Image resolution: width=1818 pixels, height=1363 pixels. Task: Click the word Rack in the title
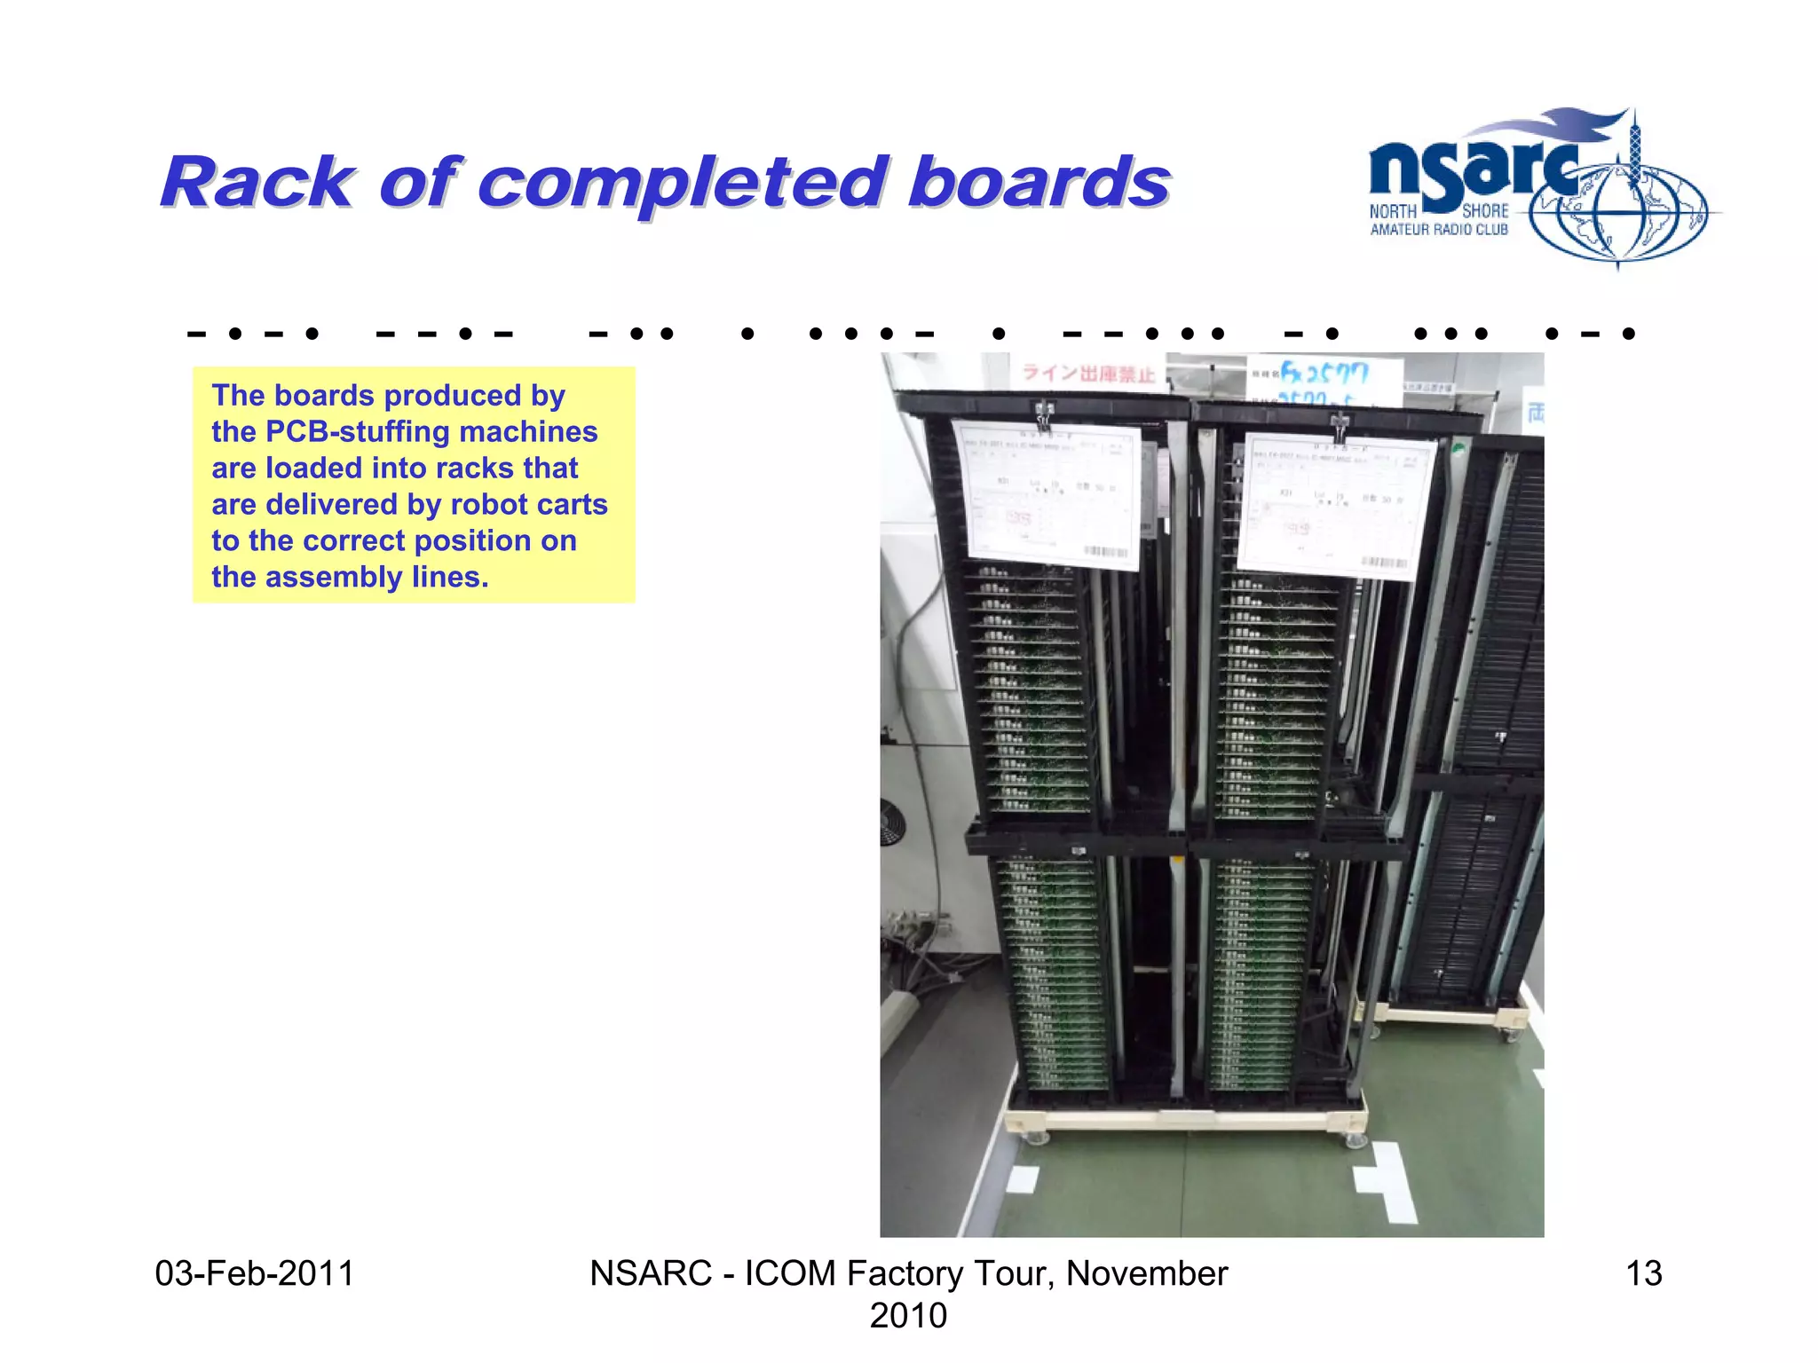pos(257,184)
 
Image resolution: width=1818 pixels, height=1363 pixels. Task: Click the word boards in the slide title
pos(1039,184)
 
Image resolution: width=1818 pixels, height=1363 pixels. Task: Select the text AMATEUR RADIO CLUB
pos(1438,230)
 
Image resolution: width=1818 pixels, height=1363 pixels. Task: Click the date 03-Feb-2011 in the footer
pos(254,1273)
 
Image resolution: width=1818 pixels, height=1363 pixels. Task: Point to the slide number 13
pos(1643,1273)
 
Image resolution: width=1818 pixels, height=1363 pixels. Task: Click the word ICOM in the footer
pos(789,1273)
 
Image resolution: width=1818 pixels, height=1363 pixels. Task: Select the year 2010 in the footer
pos(907,1315)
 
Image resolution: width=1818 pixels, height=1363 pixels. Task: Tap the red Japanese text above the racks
pos(1088,374)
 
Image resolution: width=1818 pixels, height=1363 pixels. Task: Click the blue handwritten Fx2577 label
pos(1324,373)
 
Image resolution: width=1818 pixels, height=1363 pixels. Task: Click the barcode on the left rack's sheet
pos(1106,552)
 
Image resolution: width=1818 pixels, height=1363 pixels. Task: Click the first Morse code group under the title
pos(253,335)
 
